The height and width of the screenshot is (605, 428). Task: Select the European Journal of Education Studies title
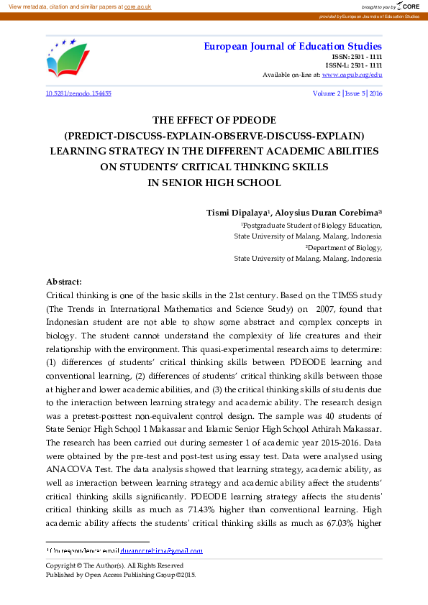coord(293,47)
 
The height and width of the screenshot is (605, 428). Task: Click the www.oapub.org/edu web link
coord(352,75)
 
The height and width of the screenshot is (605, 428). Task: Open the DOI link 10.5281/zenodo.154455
coord(78,93)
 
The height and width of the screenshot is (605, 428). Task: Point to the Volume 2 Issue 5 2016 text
coord(347,93)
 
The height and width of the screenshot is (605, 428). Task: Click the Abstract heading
coord(64,282)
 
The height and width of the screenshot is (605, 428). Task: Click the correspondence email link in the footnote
coord(166,552)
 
